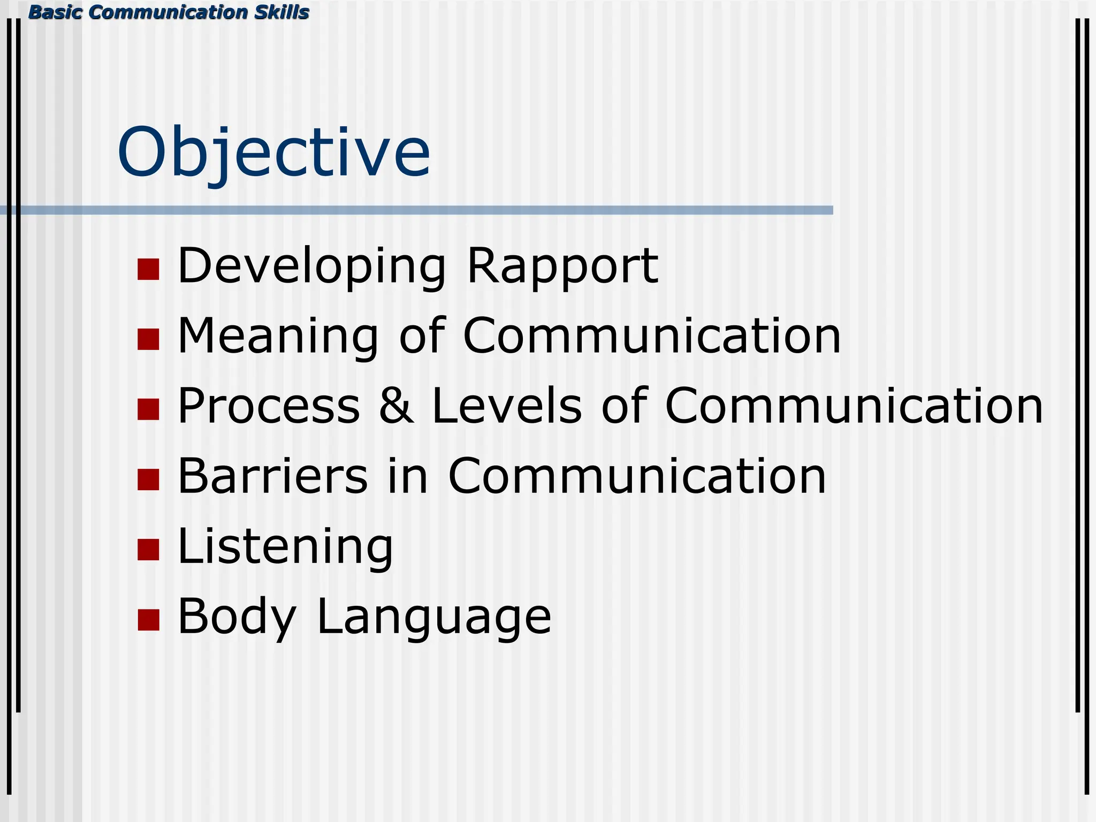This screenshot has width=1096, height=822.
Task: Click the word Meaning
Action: pos(278,336)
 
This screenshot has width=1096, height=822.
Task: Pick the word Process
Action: pos(269,406)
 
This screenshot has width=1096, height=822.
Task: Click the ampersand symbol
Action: pos(396,406)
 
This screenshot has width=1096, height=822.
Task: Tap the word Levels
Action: pos(506,406)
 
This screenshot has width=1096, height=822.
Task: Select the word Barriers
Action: pos(272,476)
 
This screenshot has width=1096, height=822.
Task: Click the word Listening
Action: pos(285,547)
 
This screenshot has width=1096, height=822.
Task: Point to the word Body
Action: pos(237,617)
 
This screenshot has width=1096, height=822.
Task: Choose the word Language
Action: pos(434,617)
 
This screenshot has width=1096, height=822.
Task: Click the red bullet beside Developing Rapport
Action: pos(148,269)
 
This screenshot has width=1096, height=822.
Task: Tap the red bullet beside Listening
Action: pos(148,550)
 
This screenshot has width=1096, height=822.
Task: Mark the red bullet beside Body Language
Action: pos(148,620)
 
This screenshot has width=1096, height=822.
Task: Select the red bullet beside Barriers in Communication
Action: pos(148,479)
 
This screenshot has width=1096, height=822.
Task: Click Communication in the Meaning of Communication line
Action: pos(652,336)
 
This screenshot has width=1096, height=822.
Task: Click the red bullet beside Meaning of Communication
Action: pos(148,339)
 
